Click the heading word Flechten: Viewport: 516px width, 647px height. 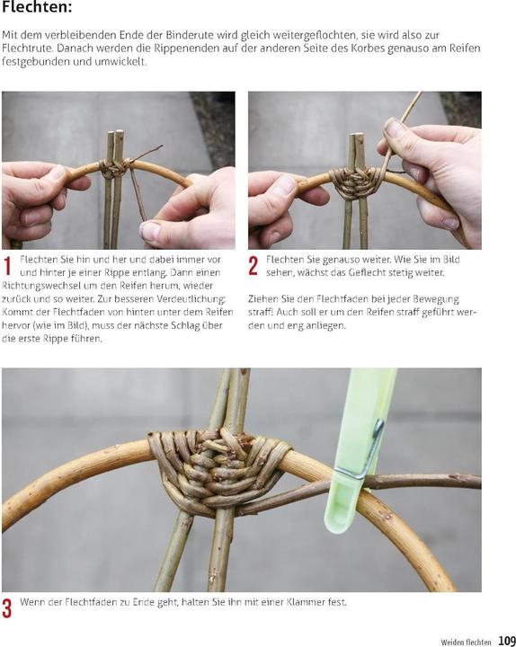(x=36, y=7)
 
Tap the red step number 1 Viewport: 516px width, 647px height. (x=7, y=266)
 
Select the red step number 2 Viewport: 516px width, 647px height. (x=254, y=266)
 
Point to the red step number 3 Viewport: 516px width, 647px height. (x=7, y=608)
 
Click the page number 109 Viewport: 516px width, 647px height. (x=507, y=641)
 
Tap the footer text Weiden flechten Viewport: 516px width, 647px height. (x=466, y=642)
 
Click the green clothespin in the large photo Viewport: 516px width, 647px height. (x=360, y=450)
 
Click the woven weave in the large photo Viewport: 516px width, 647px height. (x=218, y=470)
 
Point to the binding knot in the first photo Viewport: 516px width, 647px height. (x=113, y=168)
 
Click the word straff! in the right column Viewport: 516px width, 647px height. (x=260, y=312)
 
